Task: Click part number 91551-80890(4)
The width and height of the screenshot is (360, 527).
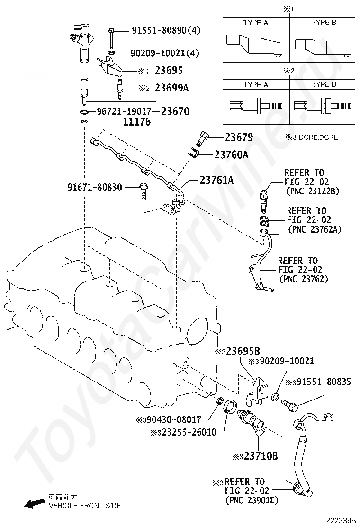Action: click(x=166, y=31)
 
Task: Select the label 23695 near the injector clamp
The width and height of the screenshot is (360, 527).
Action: click(x=169, y=71)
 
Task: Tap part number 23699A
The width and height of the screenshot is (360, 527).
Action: click(x=171, y=88)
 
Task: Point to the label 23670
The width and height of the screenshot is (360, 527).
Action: click(x=175, y=111)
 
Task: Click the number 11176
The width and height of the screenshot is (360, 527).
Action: click(x=137, y=122)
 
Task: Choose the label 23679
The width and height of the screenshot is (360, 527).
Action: click(x=239, y=137)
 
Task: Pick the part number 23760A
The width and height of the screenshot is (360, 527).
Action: click(x=231, y=154)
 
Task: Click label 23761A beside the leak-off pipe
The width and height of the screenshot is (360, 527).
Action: click(x=216, y=180)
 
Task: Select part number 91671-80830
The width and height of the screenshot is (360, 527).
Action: click(x=95, y=187)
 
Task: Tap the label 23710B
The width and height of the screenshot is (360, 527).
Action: click(x=261, y=456)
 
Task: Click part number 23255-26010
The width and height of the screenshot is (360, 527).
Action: click(x=189, y=432)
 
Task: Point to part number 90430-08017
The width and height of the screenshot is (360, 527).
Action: click(x=174, y=419)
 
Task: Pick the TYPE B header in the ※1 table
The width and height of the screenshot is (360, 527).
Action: click(x=324, y=23)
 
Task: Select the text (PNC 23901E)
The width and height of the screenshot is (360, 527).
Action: click(x=252, y=500)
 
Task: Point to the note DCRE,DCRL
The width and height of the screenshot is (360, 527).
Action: click(x=318, y=137)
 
